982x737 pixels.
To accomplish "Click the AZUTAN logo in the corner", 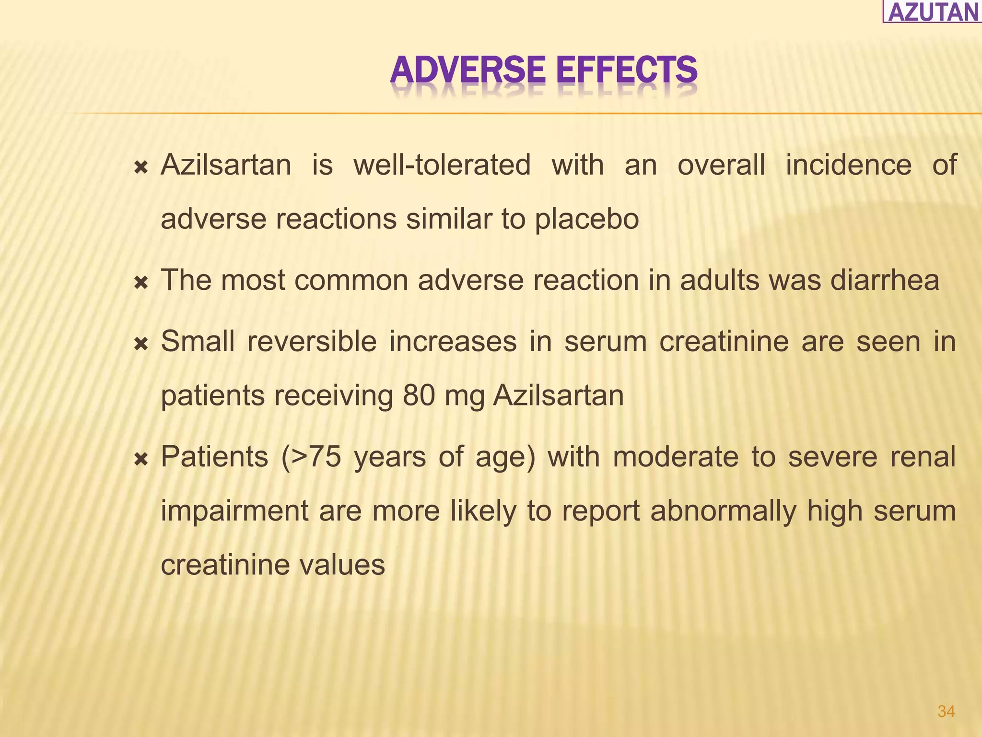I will click(x=933, y=12).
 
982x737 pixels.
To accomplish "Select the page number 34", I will click(x=946, y=712).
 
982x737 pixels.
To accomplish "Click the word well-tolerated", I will click(x=442, y=165).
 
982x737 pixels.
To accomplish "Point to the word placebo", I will click(x=586, y=220).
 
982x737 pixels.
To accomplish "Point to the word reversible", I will click(x=312, y=342).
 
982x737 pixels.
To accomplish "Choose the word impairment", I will click(x=234, y=511).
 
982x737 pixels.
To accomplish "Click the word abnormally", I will click(x=723, y=511).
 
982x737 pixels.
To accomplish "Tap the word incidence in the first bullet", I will click(x=848, y=165).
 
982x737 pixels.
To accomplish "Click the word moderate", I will click(x=675, y=457).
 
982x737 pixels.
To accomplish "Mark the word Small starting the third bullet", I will click(x=198, y=342).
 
